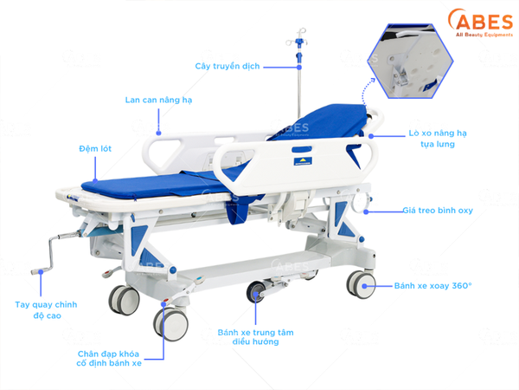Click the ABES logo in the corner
click(x=480, y=23)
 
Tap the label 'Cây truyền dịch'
click(x=227, y=67)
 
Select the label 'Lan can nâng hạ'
click(x=158, y=100)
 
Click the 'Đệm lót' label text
click(x=95, y=148)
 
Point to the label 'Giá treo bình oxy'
click(x=438, y=211)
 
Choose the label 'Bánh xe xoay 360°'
click(x=433, y=285)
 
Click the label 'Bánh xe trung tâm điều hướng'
click(x=255, y=337)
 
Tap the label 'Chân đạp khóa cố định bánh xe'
click(x=109, y=359)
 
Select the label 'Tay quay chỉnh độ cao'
click(x=47, y=309)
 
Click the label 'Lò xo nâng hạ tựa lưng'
click(x=438, y=139)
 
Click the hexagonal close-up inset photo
click(x=410, y=61)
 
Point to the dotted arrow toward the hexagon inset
click(x=366, y=91)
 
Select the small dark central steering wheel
click(x=255, y=291)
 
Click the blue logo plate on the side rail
click(x=303, y=161)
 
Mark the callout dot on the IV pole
click(x=299, y=67)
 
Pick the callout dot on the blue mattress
click(x=95, y=181)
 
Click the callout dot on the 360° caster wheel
click(x=364, y=286)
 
